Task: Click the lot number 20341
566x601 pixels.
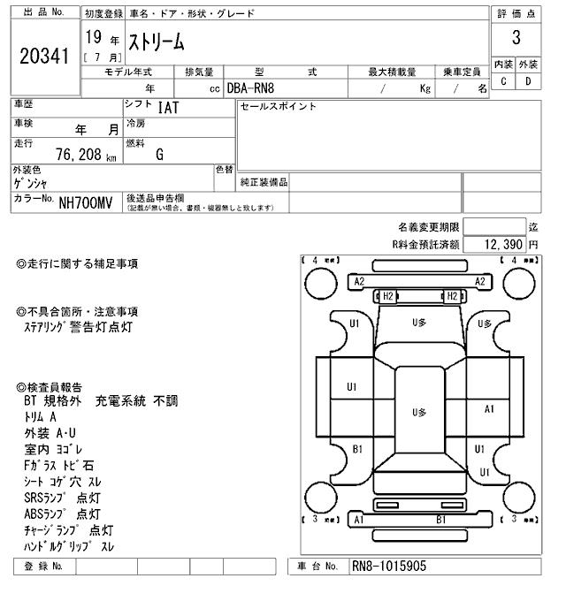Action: pyautogui.click(x=43, y=57)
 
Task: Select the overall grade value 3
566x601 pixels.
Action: pyautogui.click(x=516, y=38)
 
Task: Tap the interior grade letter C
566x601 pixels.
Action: pyautogui.click(x=503, y=81)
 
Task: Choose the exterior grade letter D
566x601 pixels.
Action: pyautogui.click(x=528, y=81)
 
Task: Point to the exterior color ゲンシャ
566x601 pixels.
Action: pyautogui.click(x=31, y=183)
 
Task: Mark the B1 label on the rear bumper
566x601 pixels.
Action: pyautogui.click(x=440, y=521)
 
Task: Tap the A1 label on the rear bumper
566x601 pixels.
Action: pyautogui.click(x=359, y=521)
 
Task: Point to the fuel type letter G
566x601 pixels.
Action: pyautogui.click(x=159, y=155)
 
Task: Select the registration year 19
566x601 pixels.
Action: pyautogui.click(x=92, y=37)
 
